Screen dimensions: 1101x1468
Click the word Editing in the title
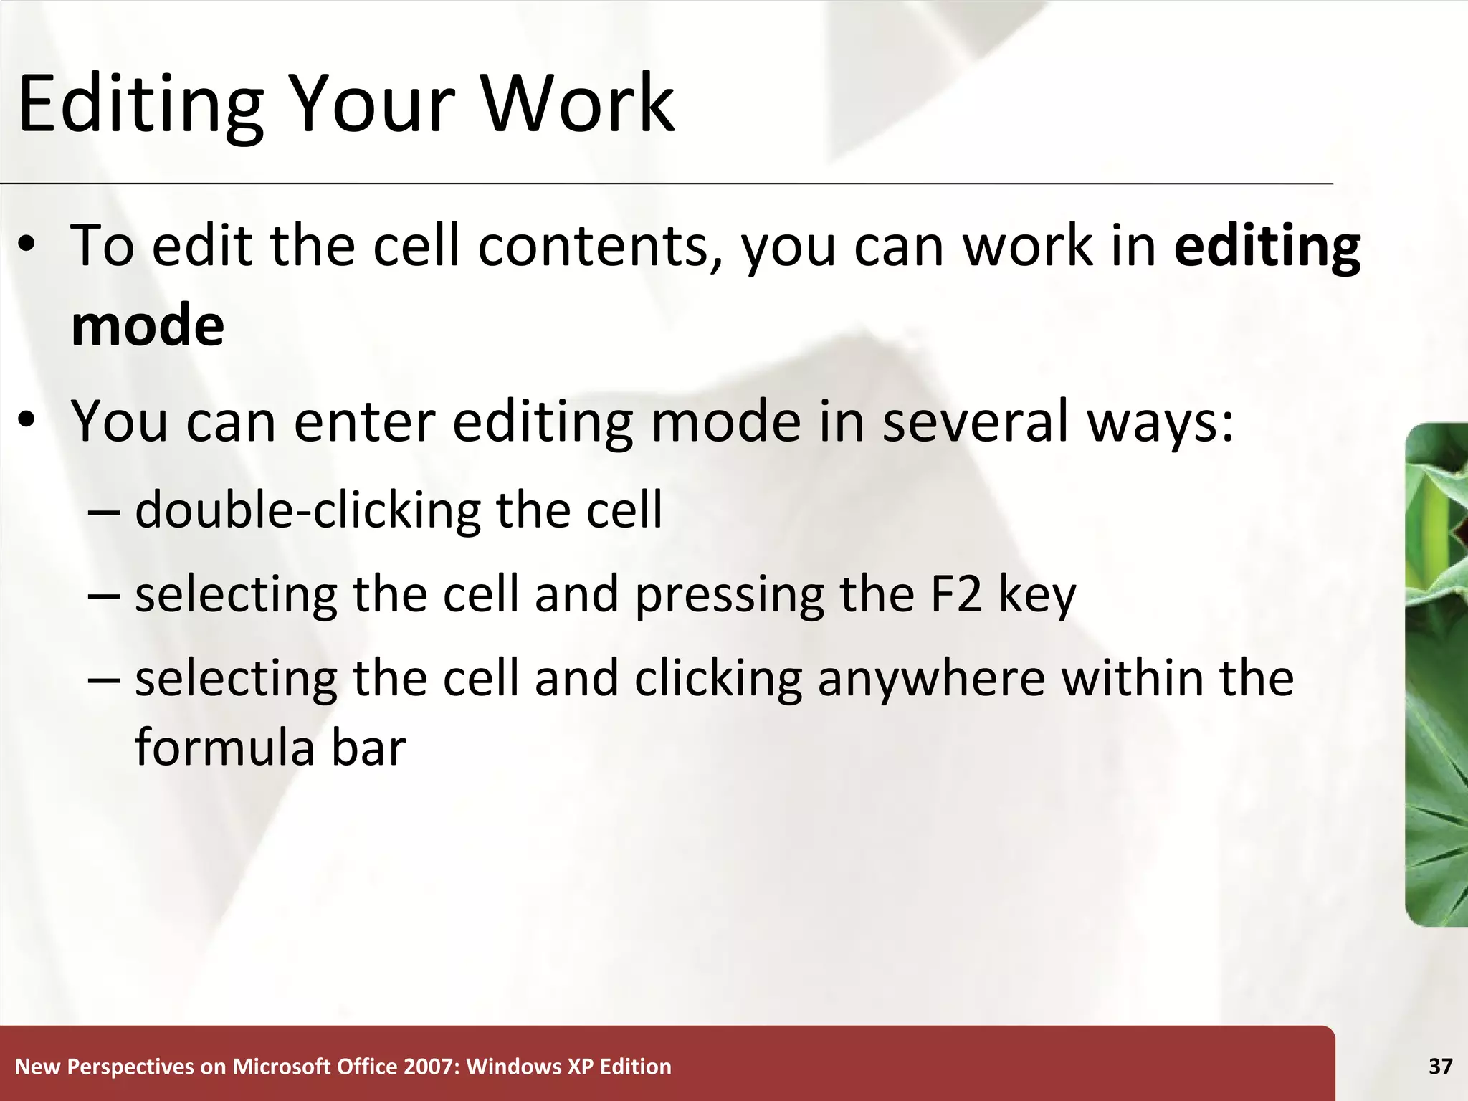140,104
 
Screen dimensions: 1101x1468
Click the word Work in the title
578,104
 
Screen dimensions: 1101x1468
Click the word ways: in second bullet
1160,423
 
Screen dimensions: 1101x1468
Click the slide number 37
1440,1067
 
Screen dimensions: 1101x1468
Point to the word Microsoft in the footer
275,1067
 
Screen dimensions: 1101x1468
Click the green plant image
1436,674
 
